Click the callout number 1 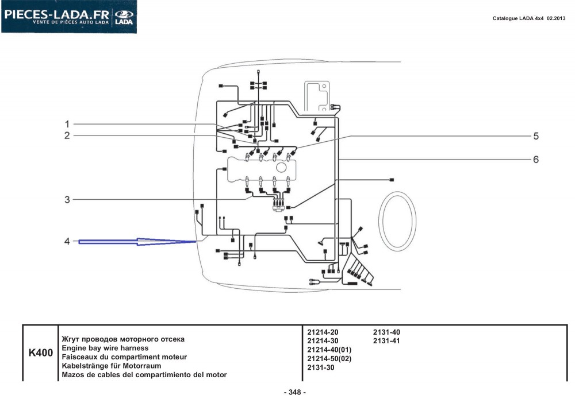[x=67, y=124]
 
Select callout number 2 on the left [x=67, y=135]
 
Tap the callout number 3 [x=67, y=200]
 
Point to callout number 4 [x=67, y=241]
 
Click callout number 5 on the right [x=536, y=136]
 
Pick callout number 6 [x=536, y=159]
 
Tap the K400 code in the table [x=41, y=353]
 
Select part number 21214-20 [x=323, y=332]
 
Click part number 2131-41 [x=386, y=341]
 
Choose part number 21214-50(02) [x=329, y=359]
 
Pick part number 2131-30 [x=321, y=367]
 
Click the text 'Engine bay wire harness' [x=105, y=348]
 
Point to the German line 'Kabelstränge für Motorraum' [x=112, y=366]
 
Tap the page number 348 [x=295, y=393]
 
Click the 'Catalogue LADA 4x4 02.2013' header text [x=529, y=18]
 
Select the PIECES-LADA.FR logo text [x=56, y=15]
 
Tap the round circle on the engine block [x=281, y=168]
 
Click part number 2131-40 [x=386, y=332]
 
